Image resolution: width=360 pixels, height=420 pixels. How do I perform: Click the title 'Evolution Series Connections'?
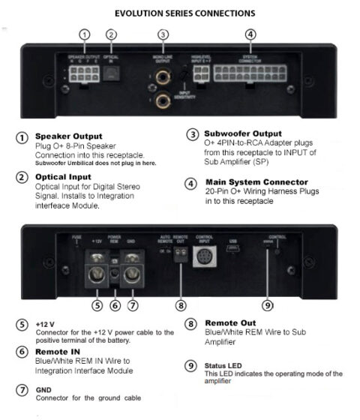tap(184, 13)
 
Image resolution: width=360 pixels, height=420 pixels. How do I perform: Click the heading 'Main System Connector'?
tap(256, 181)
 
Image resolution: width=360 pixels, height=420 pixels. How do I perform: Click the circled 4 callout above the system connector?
tap(250, 34)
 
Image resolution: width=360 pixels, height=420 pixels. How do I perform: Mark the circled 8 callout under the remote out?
tap(180, 305)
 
